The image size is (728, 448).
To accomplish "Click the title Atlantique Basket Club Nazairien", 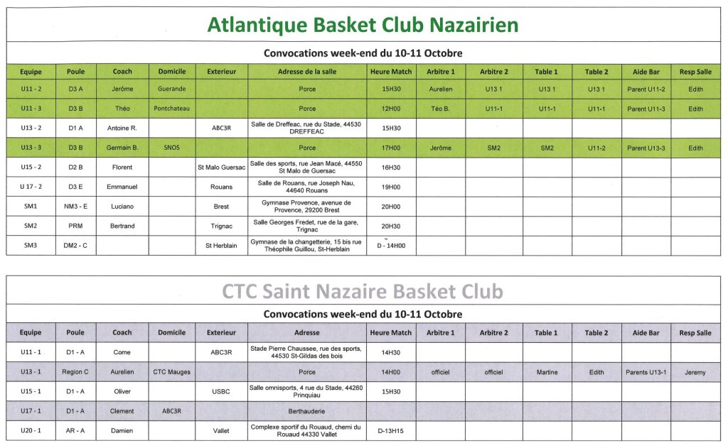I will [x=363, y=25].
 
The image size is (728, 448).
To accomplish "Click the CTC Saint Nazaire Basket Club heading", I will [x=363, y=292].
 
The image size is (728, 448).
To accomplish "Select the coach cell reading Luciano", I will [x=122, y=207].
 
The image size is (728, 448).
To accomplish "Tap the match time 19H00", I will [x=390, y=187].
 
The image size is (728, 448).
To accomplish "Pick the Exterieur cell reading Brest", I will [x=221, y=207].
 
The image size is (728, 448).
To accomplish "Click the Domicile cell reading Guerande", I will [x=171, y=89].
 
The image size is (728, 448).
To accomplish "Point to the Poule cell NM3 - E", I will [x=75, y=207].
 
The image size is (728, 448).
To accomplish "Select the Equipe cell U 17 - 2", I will [x=31, y=187].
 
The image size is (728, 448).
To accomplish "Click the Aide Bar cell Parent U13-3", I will [x=646, y=148].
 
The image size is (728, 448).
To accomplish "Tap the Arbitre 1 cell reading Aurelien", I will [x=441, y=89].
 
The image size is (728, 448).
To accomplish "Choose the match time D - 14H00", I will [x=390, y=246].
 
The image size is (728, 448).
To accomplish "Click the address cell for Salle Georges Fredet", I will [x=306, y=226].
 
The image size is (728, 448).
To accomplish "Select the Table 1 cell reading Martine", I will [x=546, y=372].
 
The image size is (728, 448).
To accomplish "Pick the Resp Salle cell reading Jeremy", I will [x=695, y=372].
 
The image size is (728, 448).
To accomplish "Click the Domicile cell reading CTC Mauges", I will [x=171, y=372].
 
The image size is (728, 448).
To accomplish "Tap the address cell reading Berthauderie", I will [x=306, y=411].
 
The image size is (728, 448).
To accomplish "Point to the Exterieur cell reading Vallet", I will [x=221, y=430].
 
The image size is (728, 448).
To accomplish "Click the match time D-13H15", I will [x=390, y=430].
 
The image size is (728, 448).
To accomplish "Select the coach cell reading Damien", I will [x=122, y=430].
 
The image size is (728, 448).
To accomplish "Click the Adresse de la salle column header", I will [x=306, y=72].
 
